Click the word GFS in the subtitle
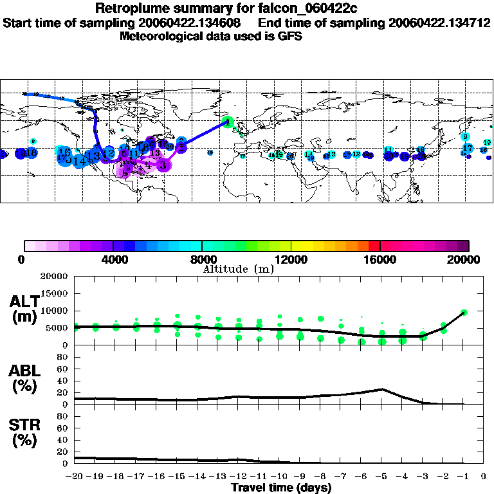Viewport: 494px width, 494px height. (291, 36)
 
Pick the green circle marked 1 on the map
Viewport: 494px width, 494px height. (228, 122)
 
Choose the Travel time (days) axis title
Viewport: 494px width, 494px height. (281, 488)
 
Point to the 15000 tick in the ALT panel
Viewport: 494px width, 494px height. (57, 294)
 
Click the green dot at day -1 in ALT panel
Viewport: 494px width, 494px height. (464, 312)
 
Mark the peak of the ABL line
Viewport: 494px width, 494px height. (382, 389)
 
